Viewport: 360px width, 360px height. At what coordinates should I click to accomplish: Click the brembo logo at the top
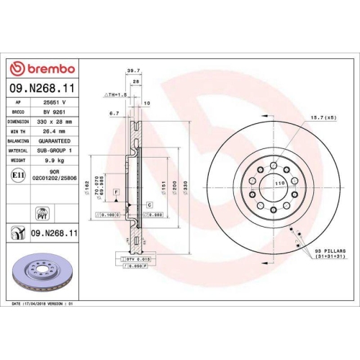tap(41, 68)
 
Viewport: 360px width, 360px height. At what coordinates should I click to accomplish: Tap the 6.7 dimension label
tap(114, 113)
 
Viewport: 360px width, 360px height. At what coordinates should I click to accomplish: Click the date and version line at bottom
tap(43, 305)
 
